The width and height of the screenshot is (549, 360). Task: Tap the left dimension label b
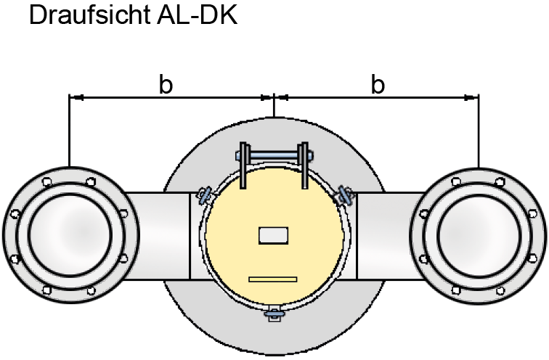pyautogui.click(x=166, y=85)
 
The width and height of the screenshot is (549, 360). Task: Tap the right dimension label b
pyautogui.click(x=378, y=85)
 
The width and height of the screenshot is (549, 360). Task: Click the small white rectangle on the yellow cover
pyautogui.click(x=274, y=235)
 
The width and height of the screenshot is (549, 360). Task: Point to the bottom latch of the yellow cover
pyautogui.click(x=274, y=314)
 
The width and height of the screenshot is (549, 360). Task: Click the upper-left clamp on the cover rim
pyautogui.click(x=206, y=194)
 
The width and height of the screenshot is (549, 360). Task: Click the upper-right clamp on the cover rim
pyautogui.click(x=343, y=194)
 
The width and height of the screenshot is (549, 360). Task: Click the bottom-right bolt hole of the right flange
pyautogui.click(x=500, y=290)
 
